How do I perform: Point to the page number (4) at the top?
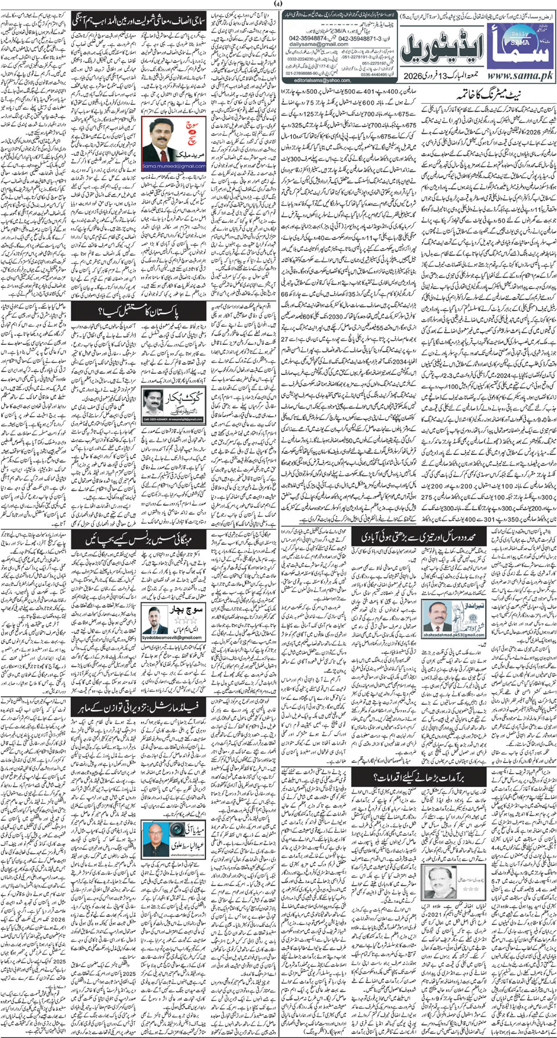point(278,5)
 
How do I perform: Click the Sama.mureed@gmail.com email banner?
point(174,166)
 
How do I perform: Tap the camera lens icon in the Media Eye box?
point(155,839)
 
